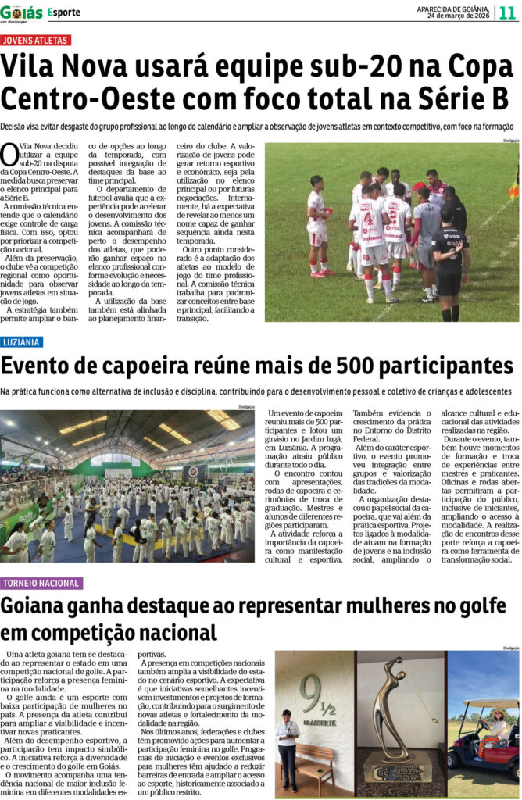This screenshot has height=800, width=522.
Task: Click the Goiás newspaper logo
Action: [22, 12]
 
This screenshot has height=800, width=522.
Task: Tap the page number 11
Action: [507, 13]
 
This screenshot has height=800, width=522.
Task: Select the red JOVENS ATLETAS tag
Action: [36, 40]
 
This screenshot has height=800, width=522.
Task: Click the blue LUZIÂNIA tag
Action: [22, 342]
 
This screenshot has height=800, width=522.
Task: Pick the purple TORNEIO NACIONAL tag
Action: [41, 584]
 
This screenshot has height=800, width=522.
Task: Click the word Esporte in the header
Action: [64, 13]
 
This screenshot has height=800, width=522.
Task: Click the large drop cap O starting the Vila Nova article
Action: [9, 153]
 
